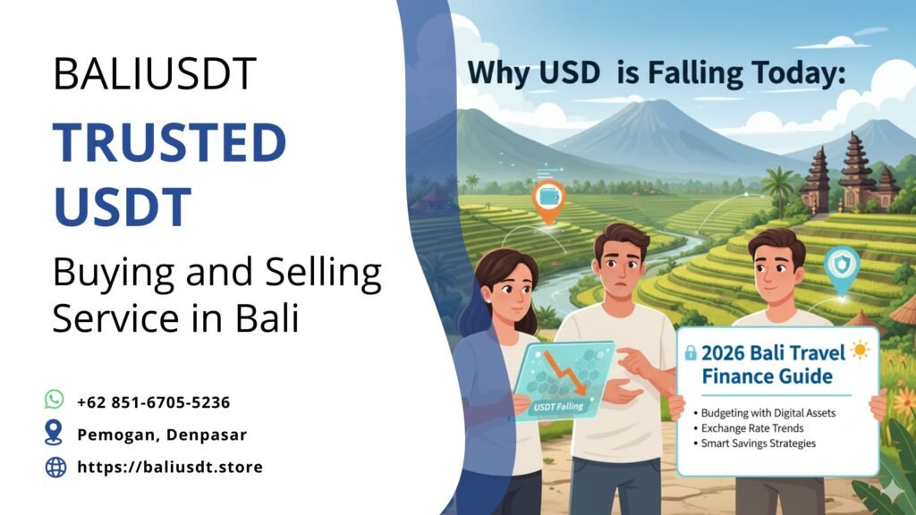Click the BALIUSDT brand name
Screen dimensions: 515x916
point(155,73)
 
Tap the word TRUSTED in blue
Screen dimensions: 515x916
point(169,143)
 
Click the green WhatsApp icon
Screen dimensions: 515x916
point(55,400)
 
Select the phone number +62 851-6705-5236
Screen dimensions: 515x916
point(154,401)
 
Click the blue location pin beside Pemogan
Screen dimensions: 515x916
point(55,433)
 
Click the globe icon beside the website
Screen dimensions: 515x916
point(55,466)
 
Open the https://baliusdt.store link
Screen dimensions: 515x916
point(170,467)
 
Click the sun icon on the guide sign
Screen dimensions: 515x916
point(861,350)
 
